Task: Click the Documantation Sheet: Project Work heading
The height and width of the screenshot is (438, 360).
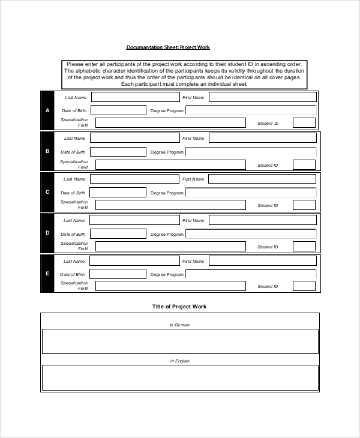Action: [168, 47]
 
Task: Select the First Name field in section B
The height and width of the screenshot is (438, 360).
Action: [262, 138]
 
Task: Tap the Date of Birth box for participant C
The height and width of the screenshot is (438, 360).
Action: [118, 193]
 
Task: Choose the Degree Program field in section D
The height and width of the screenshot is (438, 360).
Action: [251, 234]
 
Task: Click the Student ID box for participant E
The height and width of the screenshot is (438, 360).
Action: [304, 287]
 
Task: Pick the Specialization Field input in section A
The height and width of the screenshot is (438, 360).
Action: [170, 123]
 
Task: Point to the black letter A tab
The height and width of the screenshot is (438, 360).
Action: [47, 110]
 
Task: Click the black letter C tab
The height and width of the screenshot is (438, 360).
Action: [47, 192]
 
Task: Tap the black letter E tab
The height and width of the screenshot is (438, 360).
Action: [47, 274]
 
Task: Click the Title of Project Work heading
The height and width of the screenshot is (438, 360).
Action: [179, 307]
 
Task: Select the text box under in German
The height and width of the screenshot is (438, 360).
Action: [179, 341]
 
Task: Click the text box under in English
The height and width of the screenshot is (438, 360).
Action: [179, 377]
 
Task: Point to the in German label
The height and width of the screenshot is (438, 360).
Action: [179, 325]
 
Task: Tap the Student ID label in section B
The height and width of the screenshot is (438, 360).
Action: [268, 165]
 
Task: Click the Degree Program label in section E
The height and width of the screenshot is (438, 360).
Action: [167, 275]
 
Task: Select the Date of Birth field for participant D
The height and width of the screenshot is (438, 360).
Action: [118, 233]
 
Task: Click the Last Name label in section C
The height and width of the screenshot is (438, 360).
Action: [75, 179]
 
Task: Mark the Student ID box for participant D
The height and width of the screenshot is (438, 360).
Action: [304, 246]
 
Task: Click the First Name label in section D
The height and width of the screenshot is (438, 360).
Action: [194, 220]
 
